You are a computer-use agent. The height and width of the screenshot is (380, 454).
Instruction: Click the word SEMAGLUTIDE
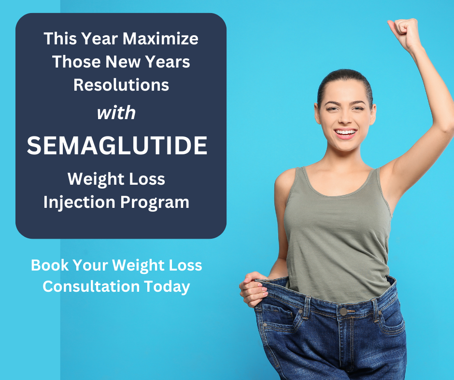(117, 146)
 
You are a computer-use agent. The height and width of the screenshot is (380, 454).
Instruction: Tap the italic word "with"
(116, 112)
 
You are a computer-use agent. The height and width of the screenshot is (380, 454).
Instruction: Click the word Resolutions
(121, 85)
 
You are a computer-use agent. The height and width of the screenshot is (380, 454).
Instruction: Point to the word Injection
(79, 202)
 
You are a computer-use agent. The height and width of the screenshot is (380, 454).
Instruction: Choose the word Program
(155, 203)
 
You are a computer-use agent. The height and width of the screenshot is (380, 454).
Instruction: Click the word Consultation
(91, 286)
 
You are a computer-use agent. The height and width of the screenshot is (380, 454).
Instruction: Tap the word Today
(167, 287)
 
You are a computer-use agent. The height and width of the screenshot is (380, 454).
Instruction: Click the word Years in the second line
(168, 62)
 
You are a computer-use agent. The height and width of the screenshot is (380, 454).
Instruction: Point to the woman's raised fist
(404, 33)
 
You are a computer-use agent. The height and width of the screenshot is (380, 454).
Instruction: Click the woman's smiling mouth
(345, 133)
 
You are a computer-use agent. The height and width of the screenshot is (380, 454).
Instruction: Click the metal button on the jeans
(343, 312)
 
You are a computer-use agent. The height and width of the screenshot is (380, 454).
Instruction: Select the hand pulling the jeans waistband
(254, 288)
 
